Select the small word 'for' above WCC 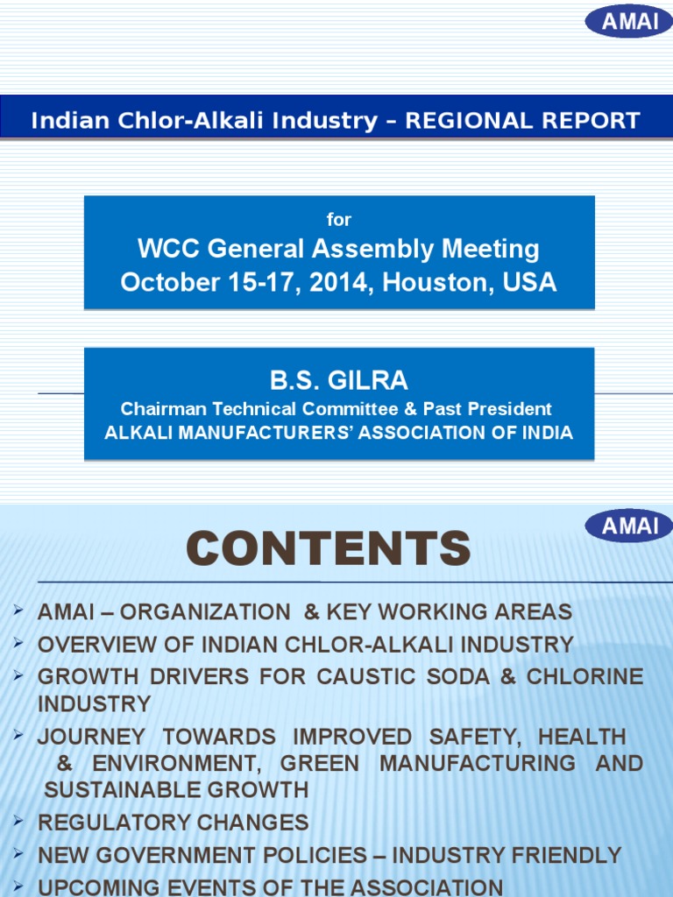tap(338, 220)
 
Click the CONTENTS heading tap(328, 549)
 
